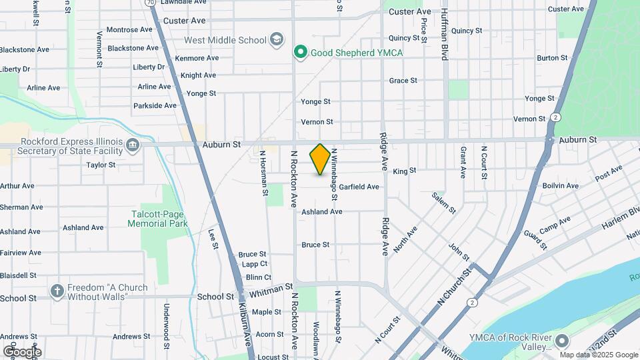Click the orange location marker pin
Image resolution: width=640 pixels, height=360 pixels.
(320, 159)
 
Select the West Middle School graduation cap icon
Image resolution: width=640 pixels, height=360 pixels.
(276, 40)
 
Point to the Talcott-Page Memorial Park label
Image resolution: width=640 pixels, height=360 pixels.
(157, 219)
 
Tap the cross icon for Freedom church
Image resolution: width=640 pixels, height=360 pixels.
(57, 291)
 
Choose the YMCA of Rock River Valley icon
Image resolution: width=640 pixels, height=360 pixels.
(563, 341)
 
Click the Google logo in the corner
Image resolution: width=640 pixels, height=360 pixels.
(22, 351)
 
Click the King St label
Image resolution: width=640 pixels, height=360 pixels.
(404, 171)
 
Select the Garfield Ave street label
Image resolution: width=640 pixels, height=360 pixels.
(359, 187)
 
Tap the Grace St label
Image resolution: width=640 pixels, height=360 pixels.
(403, 81)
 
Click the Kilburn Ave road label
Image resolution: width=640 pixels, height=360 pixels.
(245, 337)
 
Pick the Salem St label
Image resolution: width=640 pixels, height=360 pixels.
(443, 203)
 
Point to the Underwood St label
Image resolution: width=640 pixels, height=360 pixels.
(166, 321)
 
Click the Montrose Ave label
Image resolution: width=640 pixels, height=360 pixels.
(129, 30)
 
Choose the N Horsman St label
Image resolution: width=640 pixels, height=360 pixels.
(263, 173)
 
